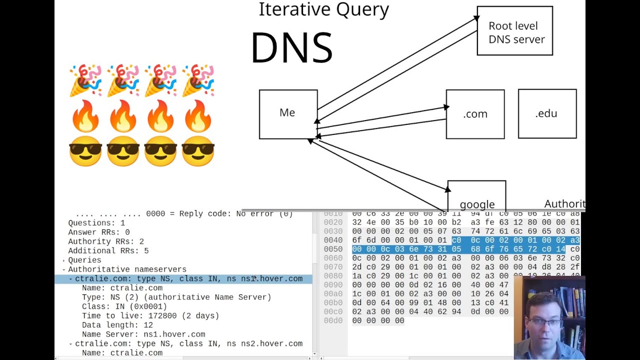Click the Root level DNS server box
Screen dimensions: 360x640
514,31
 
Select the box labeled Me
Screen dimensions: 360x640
288,114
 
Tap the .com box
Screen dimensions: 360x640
475,114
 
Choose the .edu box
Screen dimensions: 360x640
547,113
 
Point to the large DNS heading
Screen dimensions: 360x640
291,48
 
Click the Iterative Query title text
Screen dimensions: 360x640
323,9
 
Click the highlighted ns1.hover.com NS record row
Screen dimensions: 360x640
188,278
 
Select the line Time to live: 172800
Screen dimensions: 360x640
150,315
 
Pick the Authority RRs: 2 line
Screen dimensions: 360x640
106,241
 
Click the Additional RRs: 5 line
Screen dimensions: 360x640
108,250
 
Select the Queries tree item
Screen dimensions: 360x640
84,260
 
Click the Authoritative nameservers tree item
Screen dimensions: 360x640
127,269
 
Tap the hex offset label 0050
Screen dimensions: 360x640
333,249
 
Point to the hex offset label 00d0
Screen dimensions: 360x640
333,320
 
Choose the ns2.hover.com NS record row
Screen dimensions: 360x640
188,343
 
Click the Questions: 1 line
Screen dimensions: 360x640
96,223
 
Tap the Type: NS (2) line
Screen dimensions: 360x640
176,297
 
